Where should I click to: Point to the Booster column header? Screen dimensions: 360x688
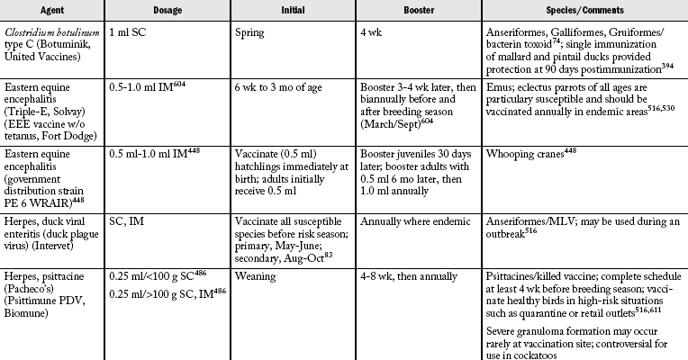[x=419, y=9]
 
